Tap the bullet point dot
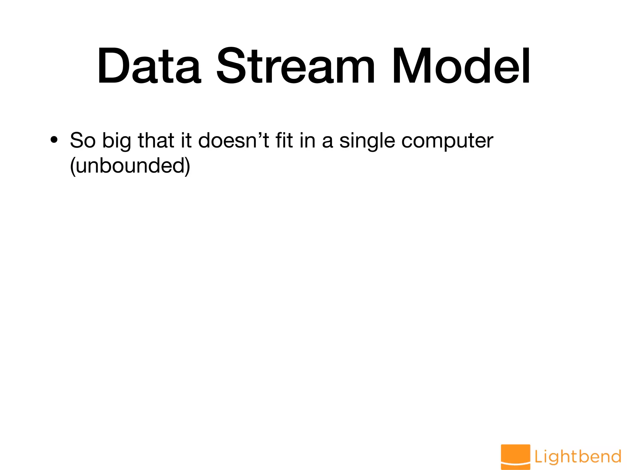click(54, 140)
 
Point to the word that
click(156, 140)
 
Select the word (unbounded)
click(130, 166)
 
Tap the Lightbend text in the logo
click(578, 457)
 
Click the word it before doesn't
click(186, 140)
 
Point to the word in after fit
click(307, 140)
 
